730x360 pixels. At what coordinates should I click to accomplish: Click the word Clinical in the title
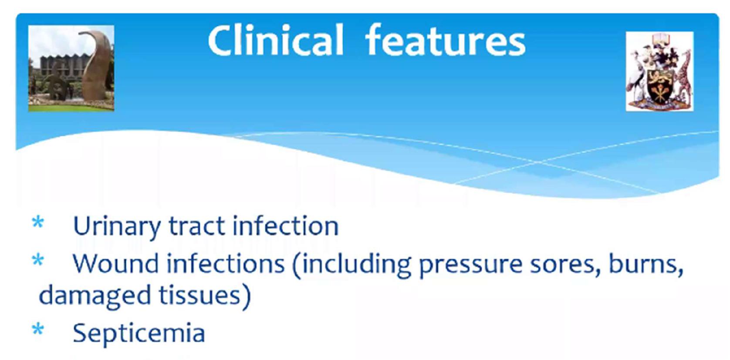[276, 40]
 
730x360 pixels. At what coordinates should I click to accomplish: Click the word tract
[196, 226]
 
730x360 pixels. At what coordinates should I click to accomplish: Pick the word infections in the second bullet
[226, 263]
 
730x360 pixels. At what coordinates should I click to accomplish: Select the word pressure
[470, 266]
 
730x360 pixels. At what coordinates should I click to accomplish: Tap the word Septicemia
[139, 333]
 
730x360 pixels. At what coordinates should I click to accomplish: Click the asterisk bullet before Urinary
[38, 223]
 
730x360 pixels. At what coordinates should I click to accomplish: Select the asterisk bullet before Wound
[38, 260]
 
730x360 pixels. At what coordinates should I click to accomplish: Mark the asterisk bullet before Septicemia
[38, 329]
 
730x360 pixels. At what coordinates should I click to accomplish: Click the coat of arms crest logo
[659, 71]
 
